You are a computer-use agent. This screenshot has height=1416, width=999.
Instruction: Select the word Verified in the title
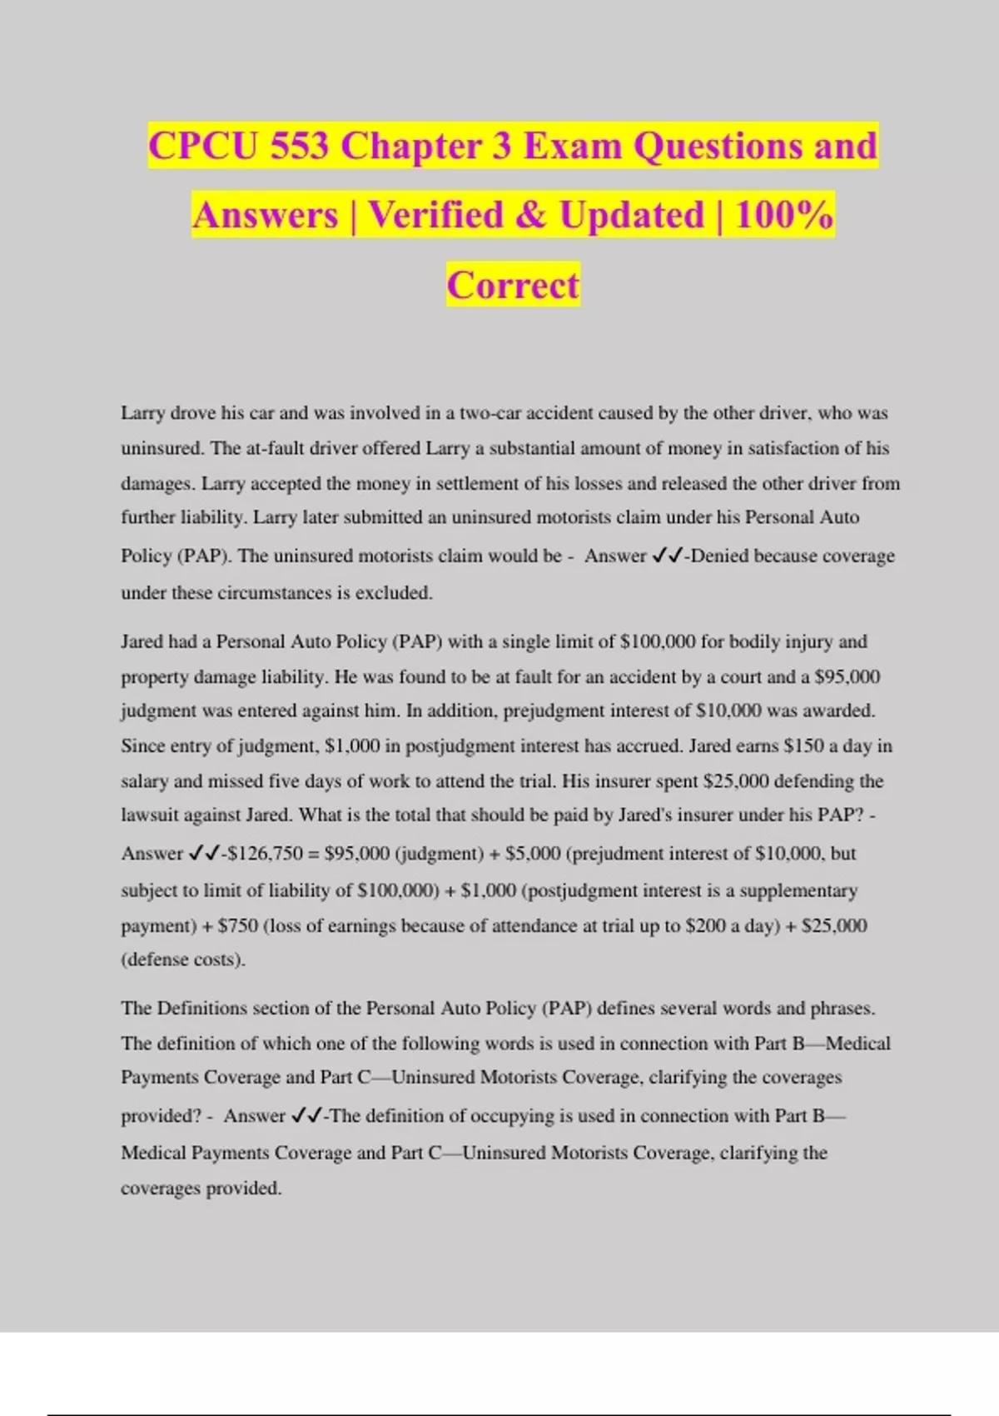click(x=436, y=216)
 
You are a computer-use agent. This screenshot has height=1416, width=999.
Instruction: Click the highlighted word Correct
click(x=513, y=285)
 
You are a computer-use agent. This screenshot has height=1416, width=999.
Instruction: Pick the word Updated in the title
click(x=631, y=216)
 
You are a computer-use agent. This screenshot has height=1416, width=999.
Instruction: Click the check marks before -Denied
click(x=668, y=556)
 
